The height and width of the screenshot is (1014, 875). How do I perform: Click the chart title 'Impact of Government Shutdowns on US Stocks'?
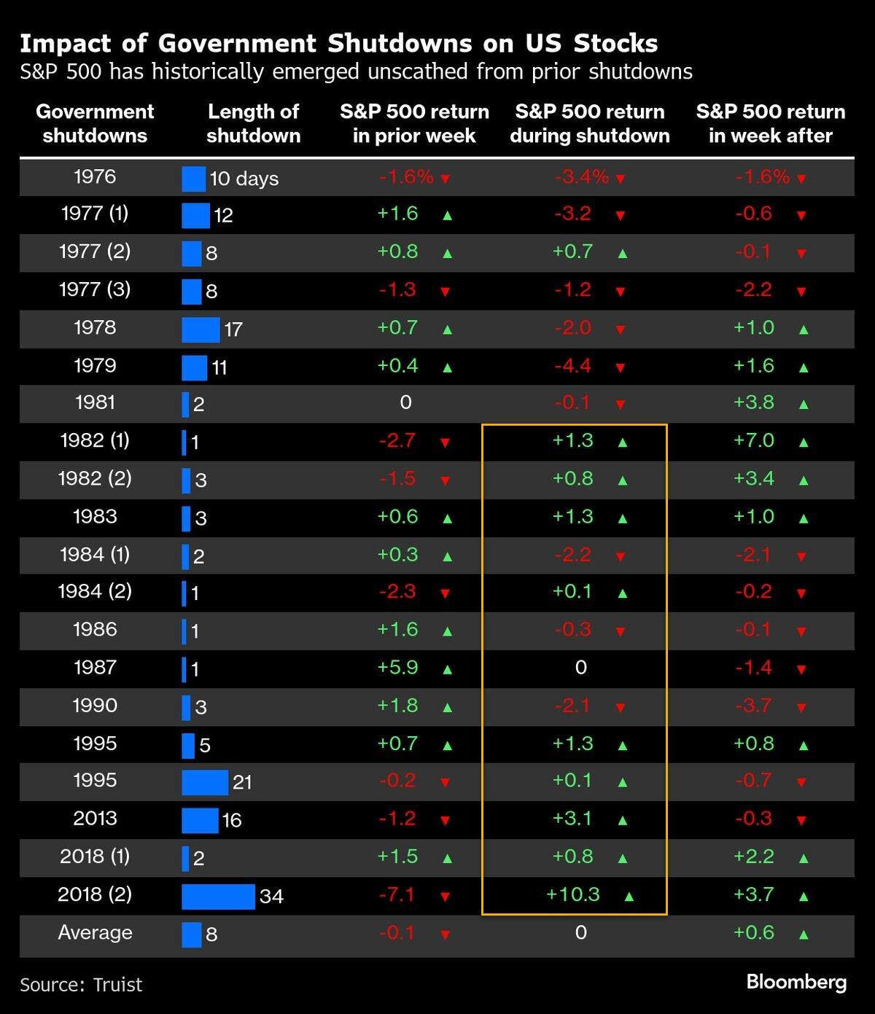point(338,44)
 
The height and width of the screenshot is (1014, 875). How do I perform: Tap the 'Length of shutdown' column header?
point(253,123)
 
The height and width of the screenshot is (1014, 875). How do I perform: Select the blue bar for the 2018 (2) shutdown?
point(218,896)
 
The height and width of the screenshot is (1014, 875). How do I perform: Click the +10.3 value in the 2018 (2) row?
point(573,894)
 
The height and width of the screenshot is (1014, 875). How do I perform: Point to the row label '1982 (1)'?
point(95,440)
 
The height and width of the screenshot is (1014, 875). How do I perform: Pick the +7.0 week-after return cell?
point(754,440)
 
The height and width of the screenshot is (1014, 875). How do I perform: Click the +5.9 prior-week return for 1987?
point(397,667)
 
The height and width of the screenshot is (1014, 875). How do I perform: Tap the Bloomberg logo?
point(796,982)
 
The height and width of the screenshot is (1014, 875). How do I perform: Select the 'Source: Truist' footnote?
point(81,985)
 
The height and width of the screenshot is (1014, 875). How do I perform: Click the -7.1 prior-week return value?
point(397,894)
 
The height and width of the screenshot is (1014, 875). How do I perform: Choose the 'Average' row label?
point(95,932)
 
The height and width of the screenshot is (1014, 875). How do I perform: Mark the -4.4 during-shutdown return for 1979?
point(573,365)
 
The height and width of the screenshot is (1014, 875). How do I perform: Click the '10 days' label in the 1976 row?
point(244,179)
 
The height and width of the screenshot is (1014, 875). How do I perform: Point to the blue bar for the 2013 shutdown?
point(200,820)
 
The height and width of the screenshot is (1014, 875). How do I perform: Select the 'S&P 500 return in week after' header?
point(770,123)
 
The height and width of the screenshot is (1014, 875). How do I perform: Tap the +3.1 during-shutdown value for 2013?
point(573,819)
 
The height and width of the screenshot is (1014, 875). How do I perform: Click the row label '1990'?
point(95,706)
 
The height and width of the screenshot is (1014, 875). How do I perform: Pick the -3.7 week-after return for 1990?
point(754,706)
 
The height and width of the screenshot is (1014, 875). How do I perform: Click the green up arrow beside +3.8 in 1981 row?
point(804,404)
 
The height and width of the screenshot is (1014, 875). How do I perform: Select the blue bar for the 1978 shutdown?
point(201,329)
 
